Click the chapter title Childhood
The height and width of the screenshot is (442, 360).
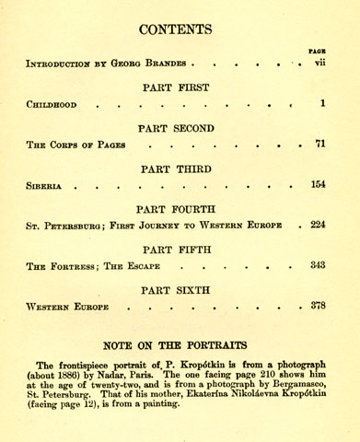point(52,105)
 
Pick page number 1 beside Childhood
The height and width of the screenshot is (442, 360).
point(323,104)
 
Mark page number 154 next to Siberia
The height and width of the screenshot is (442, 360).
point(318,185)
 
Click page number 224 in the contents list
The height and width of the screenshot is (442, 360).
point(318,225)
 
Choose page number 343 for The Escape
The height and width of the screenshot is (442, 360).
point(318,265)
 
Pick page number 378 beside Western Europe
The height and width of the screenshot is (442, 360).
point(318,306)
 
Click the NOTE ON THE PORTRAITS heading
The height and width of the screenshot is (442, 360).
point(180,345)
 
